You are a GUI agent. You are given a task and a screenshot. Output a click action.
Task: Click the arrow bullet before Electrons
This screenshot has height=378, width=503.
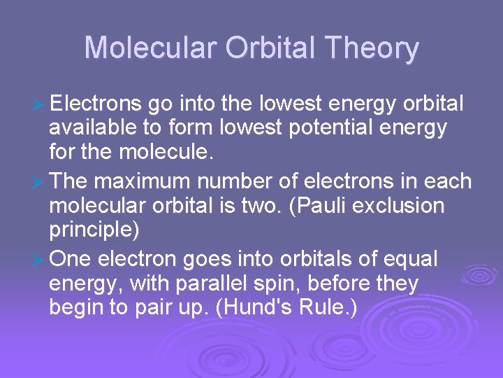click(39, 105)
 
